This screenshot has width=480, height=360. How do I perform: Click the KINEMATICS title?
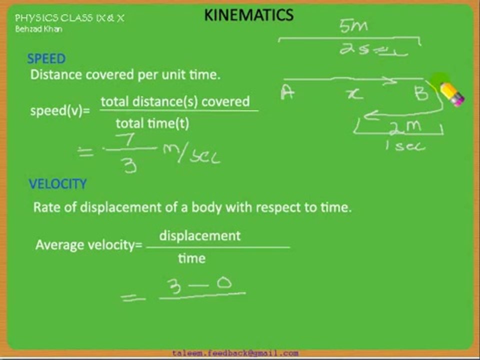(248, 15)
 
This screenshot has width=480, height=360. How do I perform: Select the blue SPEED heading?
(46, 59)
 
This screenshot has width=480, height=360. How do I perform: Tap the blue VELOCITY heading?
(57, 184)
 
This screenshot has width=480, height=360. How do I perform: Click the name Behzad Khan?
(38, 29)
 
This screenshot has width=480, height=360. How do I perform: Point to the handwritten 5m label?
(353, 26)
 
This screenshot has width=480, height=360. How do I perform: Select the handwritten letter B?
(421, 93)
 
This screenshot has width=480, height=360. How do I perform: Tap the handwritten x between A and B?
(355, 93)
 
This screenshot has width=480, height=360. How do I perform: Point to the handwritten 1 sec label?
(405, 146)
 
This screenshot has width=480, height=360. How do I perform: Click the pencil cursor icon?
(451, 93)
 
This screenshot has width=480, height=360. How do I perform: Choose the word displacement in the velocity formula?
(200, 235)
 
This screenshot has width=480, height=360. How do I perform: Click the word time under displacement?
(191, 258)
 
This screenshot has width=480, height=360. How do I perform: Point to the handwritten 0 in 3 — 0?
(224, 284)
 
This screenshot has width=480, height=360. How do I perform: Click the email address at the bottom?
(235, 353)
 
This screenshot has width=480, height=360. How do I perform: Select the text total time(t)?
(152, 123)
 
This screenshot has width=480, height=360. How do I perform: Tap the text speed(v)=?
(60, 111)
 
